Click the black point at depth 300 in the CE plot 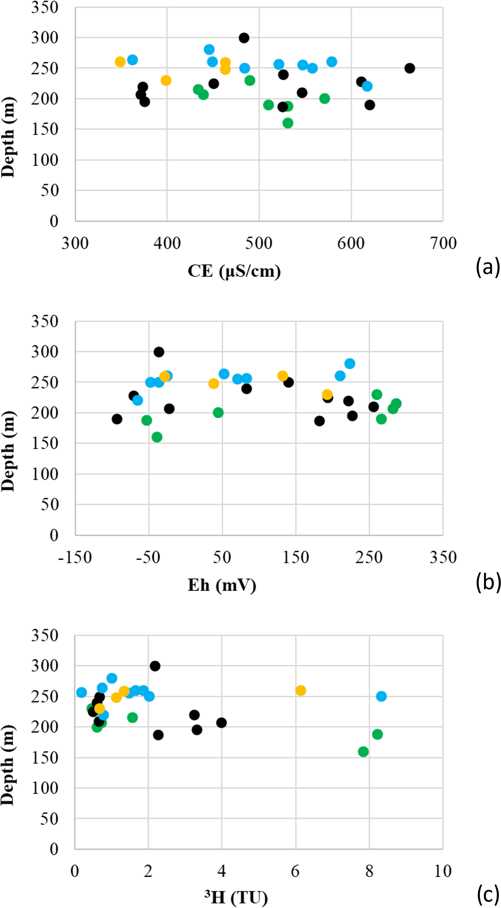pos(244,38)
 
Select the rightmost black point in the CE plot pos(409,68)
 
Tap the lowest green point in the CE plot pos(288,123)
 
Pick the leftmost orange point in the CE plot pos(120,62)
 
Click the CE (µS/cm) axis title pos(234,271)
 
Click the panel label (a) pos(488,267)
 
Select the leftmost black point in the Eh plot pos(117,419)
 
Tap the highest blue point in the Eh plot pos(350,363)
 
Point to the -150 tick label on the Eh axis pos(75,557)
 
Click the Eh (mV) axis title pos(222,585)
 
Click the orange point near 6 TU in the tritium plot pos(300,691)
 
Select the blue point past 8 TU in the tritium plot pos(381,696)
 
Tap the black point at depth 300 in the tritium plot pos(155,666)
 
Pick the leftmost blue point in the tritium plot pos(81,692)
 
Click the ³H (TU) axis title pos(236,897)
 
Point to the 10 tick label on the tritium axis pos(443,871)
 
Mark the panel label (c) pos(488,894)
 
